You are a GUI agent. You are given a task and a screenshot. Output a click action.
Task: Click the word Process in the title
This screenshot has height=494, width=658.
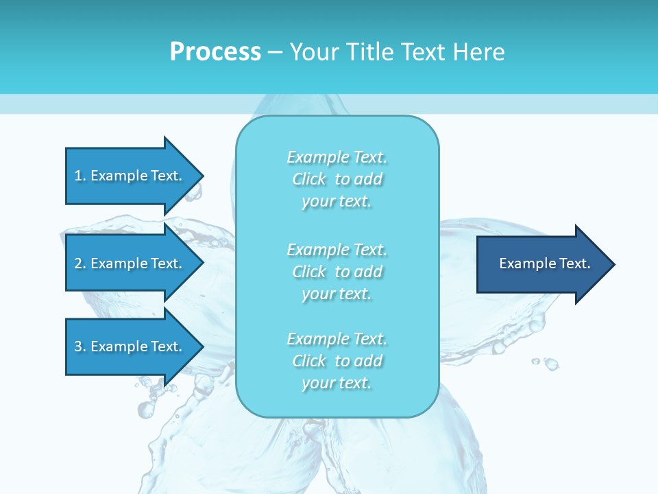[x=215, y=52]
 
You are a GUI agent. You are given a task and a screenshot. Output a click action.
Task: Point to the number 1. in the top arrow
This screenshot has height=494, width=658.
[x=80, y=176]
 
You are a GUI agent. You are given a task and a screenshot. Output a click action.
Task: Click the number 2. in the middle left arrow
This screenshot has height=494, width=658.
[x=80, y=263]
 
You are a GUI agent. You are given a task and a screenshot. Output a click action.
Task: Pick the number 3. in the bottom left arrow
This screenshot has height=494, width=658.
[x=80, y=346]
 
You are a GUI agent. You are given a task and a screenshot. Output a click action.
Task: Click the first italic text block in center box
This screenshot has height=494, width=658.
[x=337, y=179]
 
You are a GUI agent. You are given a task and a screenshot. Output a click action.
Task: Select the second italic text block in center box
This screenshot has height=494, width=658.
[x=337, y=272]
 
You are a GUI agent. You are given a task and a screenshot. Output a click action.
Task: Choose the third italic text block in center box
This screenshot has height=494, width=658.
[x=337, y=361]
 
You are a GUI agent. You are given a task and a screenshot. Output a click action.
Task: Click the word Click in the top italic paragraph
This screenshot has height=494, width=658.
[x=309, y=179]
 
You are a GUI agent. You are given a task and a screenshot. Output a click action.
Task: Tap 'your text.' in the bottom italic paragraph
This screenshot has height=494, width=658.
[x=337, y=383]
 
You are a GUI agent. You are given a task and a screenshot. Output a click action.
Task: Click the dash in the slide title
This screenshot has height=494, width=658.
[x=275, y=52]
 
